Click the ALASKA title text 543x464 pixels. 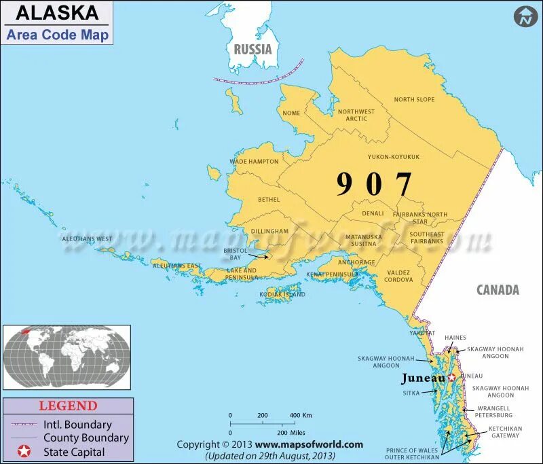[x=57, y=13]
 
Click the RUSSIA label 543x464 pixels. [x=252, y=49]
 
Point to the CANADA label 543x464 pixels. [x=498, y=290]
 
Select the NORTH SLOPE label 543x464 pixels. [x=414, y=100]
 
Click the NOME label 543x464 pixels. [x=291, y=113]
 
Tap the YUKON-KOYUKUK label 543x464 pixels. [x=394, y=157]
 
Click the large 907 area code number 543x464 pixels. [x=374, y=184]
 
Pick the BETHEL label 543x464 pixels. [x=269, y=200]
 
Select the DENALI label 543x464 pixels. [x=373, y=213]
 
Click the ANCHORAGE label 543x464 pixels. [x=356, y=262]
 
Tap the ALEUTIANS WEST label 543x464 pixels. [x=87, y=239]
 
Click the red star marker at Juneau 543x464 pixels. [x=452, y=377]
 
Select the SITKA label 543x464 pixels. [x=411, y=393]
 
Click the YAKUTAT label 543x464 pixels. [x=422, y=334]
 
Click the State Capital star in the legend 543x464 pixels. [x=24, y=451]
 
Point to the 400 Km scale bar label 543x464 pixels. [x=300, y=415]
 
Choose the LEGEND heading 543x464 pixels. [x=67, y=406]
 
